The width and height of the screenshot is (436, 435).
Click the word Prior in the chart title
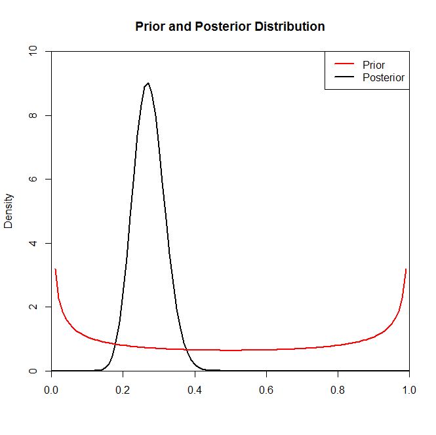tap(149, 27)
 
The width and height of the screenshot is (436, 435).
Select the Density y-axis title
tap(9, 211)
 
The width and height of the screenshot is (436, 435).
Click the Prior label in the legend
tap(373, 65)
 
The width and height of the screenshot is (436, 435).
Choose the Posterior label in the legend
tap(383, 77)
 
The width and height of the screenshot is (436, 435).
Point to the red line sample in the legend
tap(344, 65)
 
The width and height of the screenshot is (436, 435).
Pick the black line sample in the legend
tap(344, 77)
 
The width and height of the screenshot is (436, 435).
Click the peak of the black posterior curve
tap(148, 83)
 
